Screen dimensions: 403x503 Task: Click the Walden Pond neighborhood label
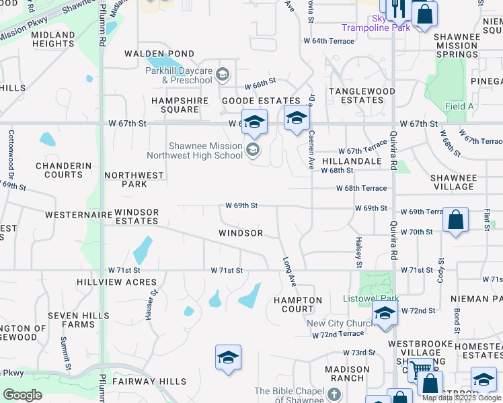tap(159, 54)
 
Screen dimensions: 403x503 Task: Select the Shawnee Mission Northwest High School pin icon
tap(253, 149)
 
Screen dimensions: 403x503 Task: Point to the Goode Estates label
tap(251, 101)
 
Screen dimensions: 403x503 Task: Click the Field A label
tap(459, 106)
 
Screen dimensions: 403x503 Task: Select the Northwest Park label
tap(134, 179)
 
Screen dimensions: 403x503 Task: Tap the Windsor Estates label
tap(137, 216)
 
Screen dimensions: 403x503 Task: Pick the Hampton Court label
tap(298, 304)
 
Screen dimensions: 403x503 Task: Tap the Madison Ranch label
tap(347, 373)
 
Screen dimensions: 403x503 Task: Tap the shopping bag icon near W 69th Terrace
tap(455, 220)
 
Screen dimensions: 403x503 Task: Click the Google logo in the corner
tap(22, 395)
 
